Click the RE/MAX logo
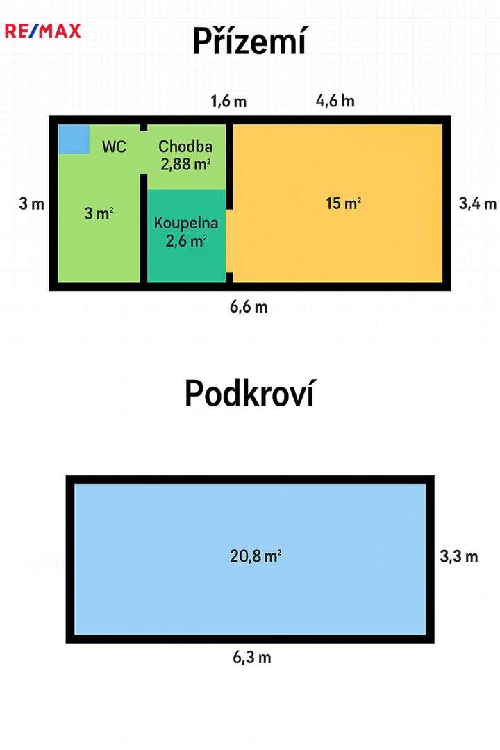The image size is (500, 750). pyautogui.click(x=42, y=31)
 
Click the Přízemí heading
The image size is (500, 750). pyautogui.click(x=249, y=41)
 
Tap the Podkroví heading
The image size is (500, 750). pyautogui.click(x=250, y=393)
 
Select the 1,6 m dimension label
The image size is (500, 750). pyautogui.click(x=228, y=101)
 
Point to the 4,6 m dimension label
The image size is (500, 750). pyautogui.click(x=335, y=101)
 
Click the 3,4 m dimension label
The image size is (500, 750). pyautogui.click(x=478, y=203)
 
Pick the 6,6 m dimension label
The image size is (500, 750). pyautogui.click(x=249, y=307)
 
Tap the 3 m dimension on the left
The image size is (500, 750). pyautogui.click(x=31, y=203)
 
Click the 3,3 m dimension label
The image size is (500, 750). pyautogui.click(x=459, y=556)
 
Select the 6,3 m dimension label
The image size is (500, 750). pyautogui.click(x=252, y=658)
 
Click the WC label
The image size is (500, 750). pyautogui.click(x=115, y=147)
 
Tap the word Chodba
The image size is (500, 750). pyautogui.click(x=185, y=147)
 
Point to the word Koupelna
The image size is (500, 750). pyautogui.click(x=186, y=223)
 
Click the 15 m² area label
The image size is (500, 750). pyautogui.click(x=344, y=203)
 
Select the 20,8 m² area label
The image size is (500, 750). pyautogui.click(x=256, y=556)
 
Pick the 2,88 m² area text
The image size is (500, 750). pyautogui.click(x=185, y=165)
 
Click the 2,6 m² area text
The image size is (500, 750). pyautogui.click(x=186, y=241)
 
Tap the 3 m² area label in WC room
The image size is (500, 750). pyautogui.click(x=99, y=213)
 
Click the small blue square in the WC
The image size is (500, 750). pyautogui.click(x=74, y=139)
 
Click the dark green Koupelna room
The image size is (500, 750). pyautogui.click(x=186, y=235)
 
